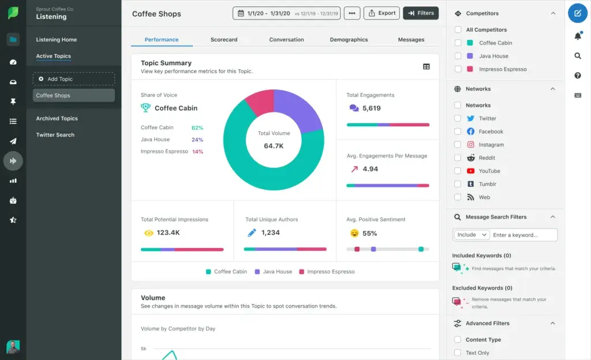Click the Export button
click(381, 13)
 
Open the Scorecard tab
click(224, 40)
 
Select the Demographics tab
click(349, 40)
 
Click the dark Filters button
click(421, 13)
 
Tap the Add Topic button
click(74, 79)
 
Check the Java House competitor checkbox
click(458, 56)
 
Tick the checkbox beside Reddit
click(458, 158)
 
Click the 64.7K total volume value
click(274, 146)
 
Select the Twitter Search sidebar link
click(55, 135)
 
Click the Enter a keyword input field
click(524, 235)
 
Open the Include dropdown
click(472, 235)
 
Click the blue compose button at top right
click(578, 13)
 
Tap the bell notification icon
click(578, 36)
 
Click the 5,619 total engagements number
click(371, 108)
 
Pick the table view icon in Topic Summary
click(427, 67)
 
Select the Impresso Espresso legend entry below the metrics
click(327, 272)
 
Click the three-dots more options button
click(351, 13)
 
